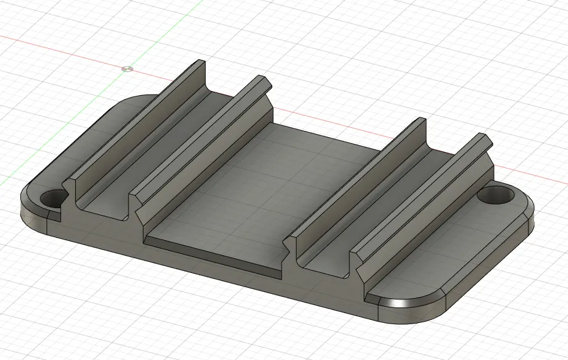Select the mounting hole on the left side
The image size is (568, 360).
(54, 199)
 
